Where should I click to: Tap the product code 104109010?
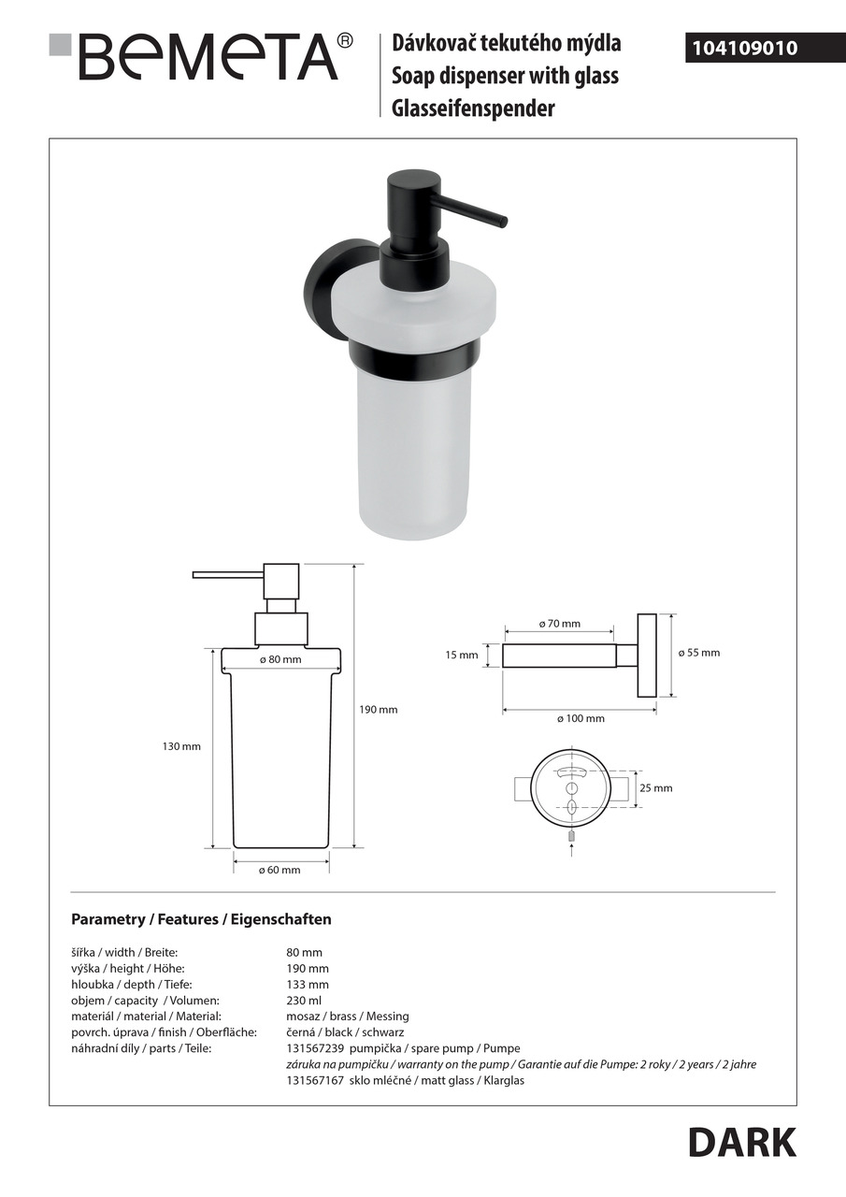pos(744,48)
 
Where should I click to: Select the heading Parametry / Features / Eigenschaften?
pos(201,919)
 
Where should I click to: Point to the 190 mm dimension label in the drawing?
pos(379,710)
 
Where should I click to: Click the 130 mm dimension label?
pos(181,746)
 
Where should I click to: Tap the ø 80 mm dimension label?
pos(281,660)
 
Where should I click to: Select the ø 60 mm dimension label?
pos(280,871)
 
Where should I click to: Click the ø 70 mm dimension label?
pos(560,624)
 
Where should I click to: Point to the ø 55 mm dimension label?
pos(699,653)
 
